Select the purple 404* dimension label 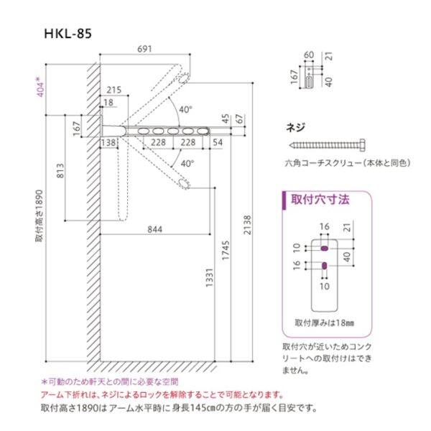point(41,86)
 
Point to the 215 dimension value point(113,90)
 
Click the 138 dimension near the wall point(109,143)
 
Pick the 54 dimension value point(217,143)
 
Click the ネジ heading point(295,127)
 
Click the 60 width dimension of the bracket point(310,55)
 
